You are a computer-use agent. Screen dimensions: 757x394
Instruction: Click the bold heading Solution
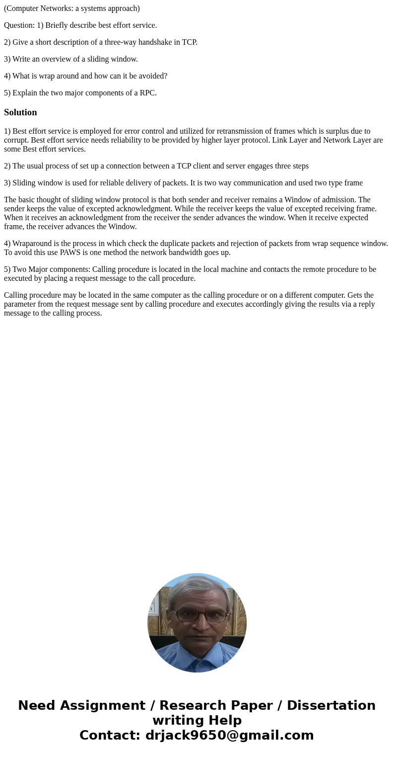20,112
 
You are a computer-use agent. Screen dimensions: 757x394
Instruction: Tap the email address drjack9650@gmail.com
229,735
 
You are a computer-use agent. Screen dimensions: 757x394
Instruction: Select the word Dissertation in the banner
331,705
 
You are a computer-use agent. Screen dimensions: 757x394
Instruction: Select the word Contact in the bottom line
108,735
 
